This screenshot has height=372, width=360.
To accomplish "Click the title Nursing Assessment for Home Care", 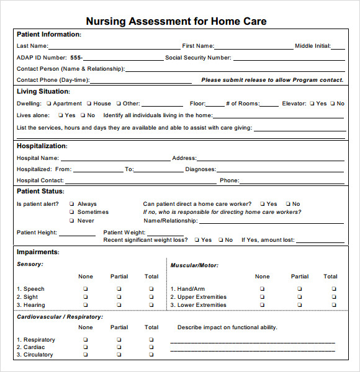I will pyautogui.click(x=176, y=21).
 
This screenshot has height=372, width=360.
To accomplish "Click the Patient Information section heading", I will pyautogui.click(x=48, y=35).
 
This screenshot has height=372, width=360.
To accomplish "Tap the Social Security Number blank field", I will pyautogui.click(x=289, y=58).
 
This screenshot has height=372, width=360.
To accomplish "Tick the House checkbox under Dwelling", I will pyautogui.click(x=89, y=104).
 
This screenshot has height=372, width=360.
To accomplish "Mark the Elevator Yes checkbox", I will pyautogui.click(x=312, y=104).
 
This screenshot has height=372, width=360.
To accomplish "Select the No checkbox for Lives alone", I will pyautogui.click(x=83, y=115).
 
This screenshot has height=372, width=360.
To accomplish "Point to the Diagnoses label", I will pyautogui.click(x=200, y=169).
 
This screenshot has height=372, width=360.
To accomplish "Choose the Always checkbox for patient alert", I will pyautogui.click(x=72, y=204).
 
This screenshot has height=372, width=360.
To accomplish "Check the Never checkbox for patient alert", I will pyautogui.click(x=72, y=221).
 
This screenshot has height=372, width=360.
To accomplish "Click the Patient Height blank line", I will pyautogui.click(x=78, y=234).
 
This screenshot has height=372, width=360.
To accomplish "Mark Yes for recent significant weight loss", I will pyautogui.click(x=197, y=240).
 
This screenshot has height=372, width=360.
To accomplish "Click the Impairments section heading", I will pyautogui.click(x=38, y=252).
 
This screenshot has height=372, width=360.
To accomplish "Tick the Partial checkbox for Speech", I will pyautogui.click(x=119, y=289).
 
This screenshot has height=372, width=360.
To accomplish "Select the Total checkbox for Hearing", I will pyautogui.click(x=151, y=305).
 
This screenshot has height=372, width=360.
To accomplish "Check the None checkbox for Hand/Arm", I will pyautogui.click(x=262, y=289).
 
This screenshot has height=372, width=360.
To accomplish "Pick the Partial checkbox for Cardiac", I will pyautogui.click(x=119, y=347).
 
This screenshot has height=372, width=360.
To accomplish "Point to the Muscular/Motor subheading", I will pyautogui.click(x=194, y=265).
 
